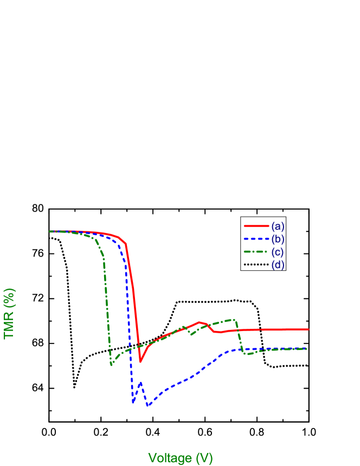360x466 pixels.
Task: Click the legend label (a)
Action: coord(278,225)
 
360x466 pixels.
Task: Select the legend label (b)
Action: coord(278,238)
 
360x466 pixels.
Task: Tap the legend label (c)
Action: coord(278,251)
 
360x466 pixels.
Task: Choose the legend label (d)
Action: coord(278,264)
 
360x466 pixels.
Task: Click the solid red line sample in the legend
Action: coord(256,225)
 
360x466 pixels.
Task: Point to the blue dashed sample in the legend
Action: coord(256,238)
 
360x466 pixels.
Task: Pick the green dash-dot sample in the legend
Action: coord(256,251)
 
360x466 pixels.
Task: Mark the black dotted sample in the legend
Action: coord(256,264)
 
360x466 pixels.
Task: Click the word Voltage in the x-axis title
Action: coord(170,458)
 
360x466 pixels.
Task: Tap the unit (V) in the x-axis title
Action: coord(204,458)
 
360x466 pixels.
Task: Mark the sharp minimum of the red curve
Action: coord(140,361)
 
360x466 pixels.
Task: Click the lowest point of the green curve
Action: coord(111,365)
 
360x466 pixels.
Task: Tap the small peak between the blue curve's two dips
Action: coord(141,383)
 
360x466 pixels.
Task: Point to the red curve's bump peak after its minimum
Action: coord(200,322)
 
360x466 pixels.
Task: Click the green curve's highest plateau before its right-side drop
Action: coord(233,320)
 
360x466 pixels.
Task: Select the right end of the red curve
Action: coord(308,329)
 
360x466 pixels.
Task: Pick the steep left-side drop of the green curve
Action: coord(106,303)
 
